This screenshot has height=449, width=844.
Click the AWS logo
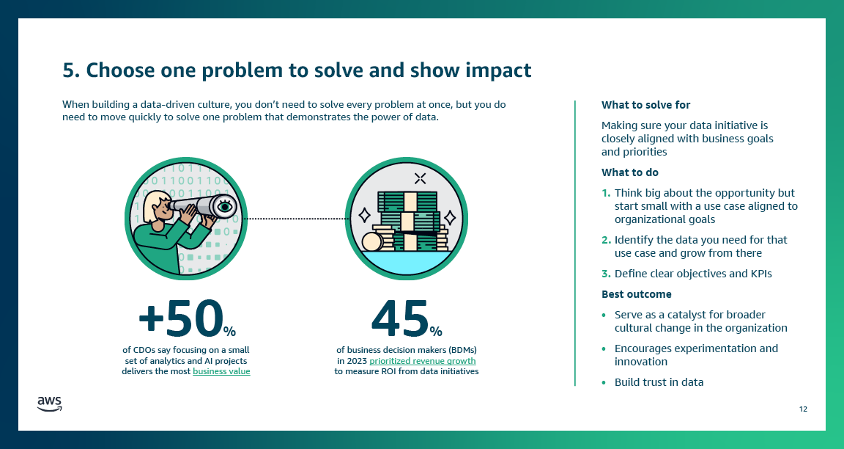click(x=50, y=403)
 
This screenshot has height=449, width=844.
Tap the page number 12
click(x=803, y=409)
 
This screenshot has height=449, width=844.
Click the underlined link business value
click(x=221, y=372)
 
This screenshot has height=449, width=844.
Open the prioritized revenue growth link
click(x=423, y=361)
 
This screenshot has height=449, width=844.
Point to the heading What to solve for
click(x=645, y=105)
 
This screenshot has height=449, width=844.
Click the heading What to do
click(x=629, y=172)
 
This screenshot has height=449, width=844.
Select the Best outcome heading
click(x=636, y=294)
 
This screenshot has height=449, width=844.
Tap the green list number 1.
click(x=605, y=193)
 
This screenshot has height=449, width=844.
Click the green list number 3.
click(x=605, y=274)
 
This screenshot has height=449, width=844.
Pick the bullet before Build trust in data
click(x=604, y=382)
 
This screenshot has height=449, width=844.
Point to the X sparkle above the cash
click(x=420, y=178)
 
